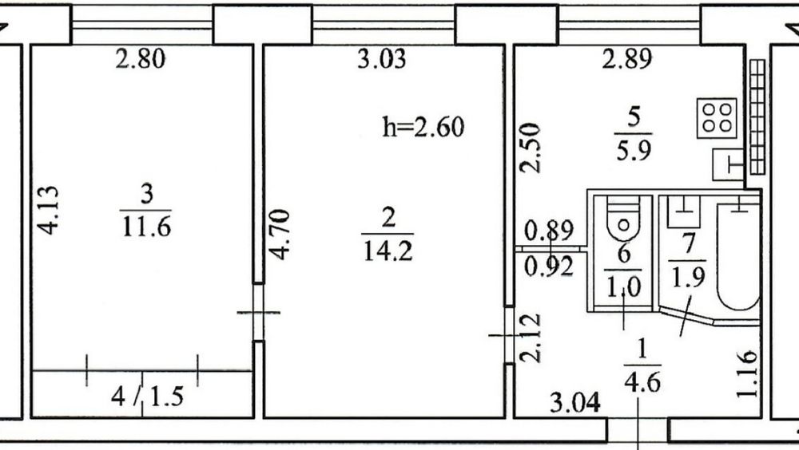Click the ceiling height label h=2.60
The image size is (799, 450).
point(423,128)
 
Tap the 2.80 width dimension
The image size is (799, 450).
point(140,58)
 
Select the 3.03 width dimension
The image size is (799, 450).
point(382,58)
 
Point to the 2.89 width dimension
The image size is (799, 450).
point(626,58)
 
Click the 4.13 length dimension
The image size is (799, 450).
point(49,210)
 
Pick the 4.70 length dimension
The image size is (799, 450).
point(279,234)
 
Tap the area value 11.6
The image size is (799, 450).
point(146,227)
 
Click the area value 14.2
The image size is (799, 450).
point(388,251)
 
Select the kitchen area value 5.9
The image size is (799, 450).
point(634,151)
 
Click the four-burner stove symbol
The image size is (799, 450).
point(717,118)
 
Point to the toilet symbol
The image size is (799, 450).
point(623,218)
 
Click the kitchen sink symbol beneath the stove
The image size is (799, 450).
point(728,164)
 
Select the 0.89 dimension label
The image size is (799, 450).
point(549,231)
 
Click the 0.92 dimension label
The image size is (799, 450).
point(549,266)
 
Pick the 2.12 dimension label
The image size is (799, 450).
point(530,337)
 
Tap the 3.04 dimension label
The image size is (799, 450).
point(575,403)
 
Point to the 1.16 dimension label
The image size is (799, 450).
point(747,373)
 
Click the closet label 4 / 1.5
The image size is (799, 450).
point(147,396)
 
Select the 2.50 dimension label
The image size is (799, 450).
point(530,148)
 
